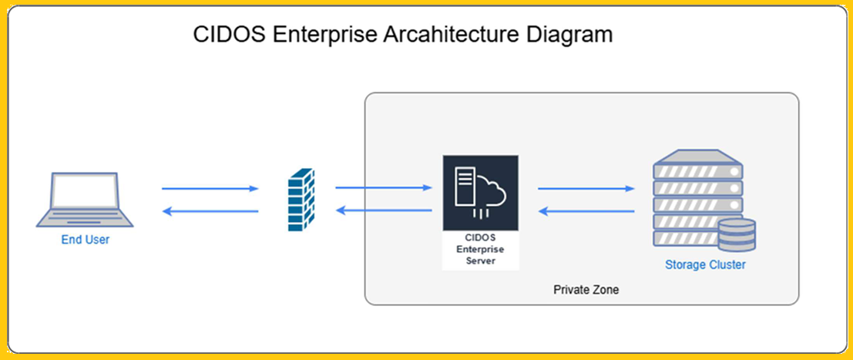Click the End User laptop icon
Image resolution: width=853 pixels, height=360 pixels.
point(85,200)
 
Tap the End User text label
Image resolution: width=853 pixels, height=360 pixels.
point(86,240)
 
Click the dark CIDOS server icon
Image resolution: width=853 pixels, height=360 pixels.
point(480,191)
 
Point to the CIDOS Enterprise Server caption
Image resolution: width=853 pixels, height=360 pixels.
point(480,250)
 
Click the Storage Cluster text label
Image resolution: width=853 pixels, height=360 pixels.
point(705,265)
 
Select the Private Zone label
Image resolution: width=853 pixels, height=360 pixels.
point(586,291)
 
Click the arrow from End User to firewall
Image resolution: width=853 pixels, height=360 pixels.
point(210,188)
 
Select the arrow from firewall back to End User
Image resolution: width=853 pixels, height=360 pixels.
point(210,211)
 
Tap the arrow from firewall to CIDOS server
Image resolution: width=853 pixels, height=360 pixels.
point(383,187)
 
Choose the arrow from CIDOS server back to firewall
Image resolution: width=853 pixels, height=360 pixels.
point(383,210)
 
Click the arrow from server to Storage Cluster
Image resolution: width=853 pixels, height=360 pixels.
point(586,187)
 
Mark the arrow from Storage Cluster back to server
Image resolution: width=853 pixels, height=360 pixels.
point(586,210)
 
